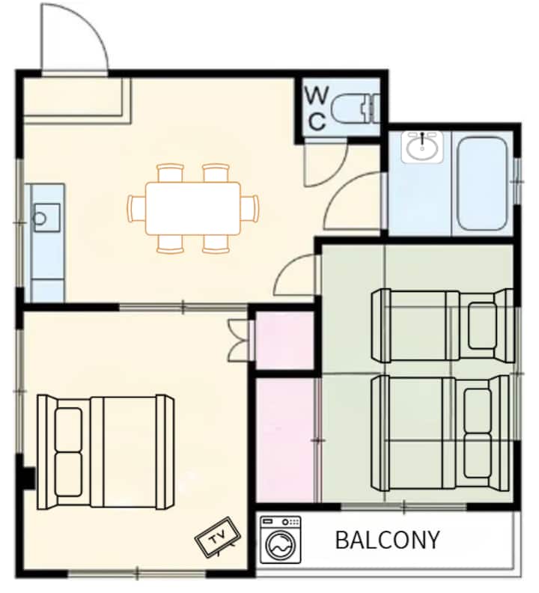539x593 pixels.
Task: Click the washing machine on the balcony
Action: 281,540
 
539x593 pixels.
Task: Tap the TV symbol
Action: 218,537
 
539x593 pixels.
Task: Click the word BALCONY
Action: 387,540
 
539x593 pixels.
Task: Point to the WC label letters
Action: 316,108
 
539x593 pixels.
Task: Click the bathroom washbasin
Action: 422,147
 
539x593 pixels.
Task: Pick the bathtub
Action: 481,183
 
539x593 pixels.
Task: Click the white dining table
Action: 193,208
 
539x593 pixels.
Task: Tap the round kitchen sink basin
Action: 40,218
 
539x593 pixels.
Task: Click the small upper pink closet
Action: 285,340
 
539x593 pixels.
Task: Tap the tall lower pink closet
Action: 286,440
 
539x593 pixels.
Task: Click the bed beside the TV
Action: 106,452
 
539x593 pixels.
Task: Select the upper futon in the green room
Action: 442,325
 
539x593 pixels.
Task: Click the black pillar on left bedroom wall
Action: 28,478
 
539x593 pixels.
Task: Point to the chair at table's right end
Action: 250,207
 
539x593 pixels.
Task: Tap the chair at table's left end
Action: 137,207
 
